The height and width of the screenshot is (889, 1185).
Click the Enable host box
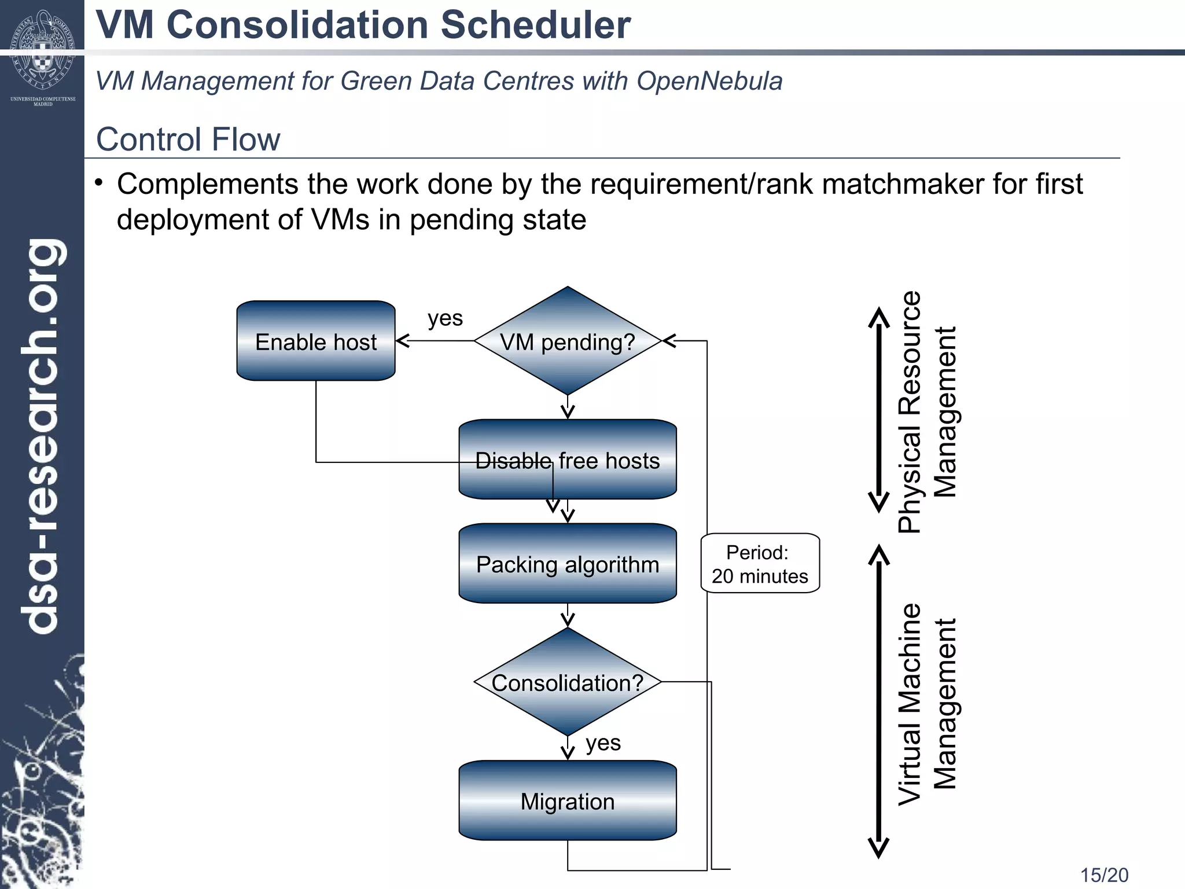click(x=316, y=341)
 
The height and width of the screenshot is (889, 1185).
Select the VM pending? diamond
click(x=567, y=341)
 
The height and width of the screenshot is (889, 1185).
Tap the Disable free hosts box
click(x=567, y=460)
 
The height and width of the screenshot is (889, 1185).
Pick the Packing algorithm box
click(x=567, y=564)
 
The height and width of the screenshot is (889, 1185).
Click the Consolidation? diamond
click(x=567, y=682)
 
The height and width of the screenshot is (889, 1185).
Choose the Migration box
click(x=567, y=801)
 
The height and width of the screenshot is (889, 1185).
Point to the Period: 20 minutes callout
click(x=760, y=564)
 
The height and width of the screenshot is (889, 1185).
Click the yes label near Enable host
click(x=445, y=318)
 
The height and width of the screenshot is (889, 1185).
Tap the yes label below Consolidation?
click(x=603, y=743)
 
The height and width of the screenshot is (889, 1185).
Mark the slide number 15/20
click(x=1104, y=875)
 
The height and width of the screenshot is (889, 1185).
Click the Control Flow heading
click(x=188, y=139)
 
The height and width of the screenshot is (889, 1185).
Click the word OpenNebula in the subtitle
click(x=709, y=81)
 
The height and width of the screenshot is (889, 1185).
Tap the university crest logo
click(x=43, y=49)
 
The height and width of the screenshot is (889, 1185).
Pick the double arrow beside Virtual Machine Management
click(x=878, y=701)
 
